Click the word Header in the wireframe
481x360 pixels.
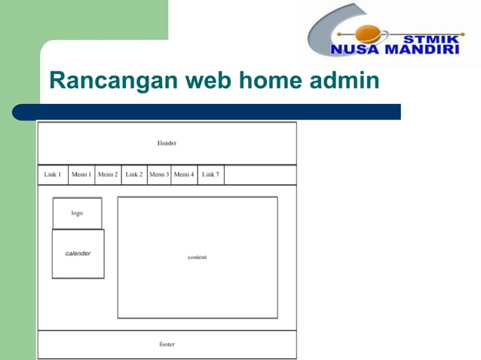(x=167, y=143)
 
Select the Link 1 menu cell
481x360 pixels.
(x=53, y=175)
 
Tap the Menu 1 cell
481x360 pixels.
(x=81, y=175)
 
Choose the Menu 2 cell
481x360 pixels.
(x=108, y=175)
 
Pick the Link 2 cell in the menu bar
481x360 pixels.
(x=134, y=175)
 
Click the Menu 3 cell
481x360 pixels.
(x=159, y=175)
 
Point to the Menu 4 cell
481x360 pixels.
(x=184, y=175)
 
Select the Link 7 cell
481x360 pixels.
(x=210, y=175)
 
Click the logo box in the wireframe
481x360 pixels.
(x=77, y=213)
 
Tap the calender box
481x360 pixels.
(x=78, y=254)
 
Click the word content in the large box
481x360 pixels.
(x=198, y=258)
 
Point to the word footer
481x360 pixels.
(x=167, y=344)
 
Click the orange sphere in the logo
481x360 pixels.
(x=369, y=34)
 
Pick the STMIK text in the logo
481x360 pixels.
(x=431, y=38)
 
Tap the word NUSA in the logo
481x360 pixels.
(x=354, y=50)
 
